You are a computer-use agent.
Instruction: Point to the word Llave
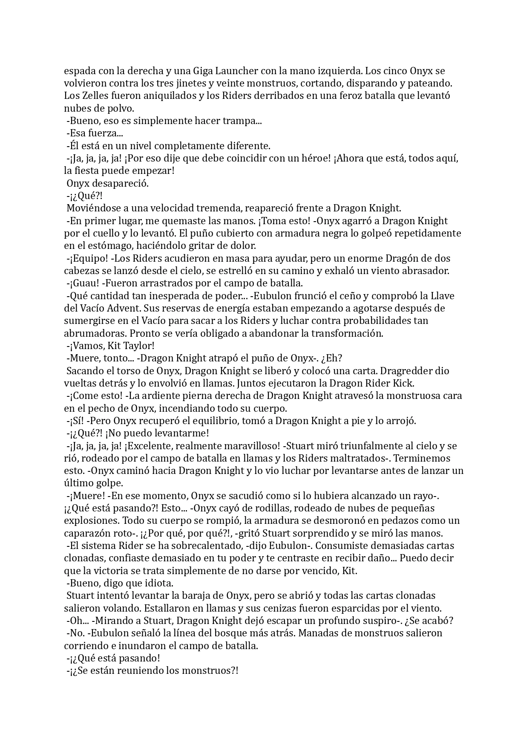click(443, 296)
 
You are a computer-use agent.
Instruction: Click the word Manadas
click(317, 633)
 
